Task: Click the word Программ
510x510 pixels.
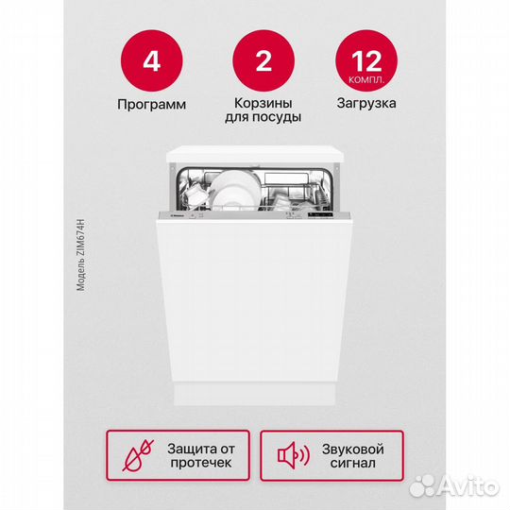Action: point(151,103)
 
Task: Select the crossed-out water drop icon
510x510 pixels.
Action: point(140,456)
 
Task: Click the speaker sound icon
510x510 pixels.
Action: point(293,457)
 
